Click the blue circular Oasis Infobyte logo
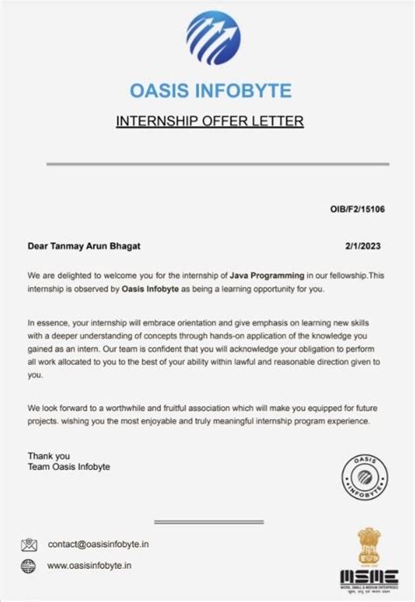coord(210,38)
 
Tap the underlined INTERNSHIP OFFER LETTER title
coord(209,121)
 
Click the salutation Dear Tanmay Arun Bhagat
coord(83,247)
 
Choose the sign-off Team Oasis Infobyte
coord(69,466)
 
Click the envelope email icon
coord(30,543)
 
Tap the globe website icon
coord(30,565)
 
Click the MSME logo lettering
coord(367,577)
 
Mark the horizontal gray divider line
coord(209,164)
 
